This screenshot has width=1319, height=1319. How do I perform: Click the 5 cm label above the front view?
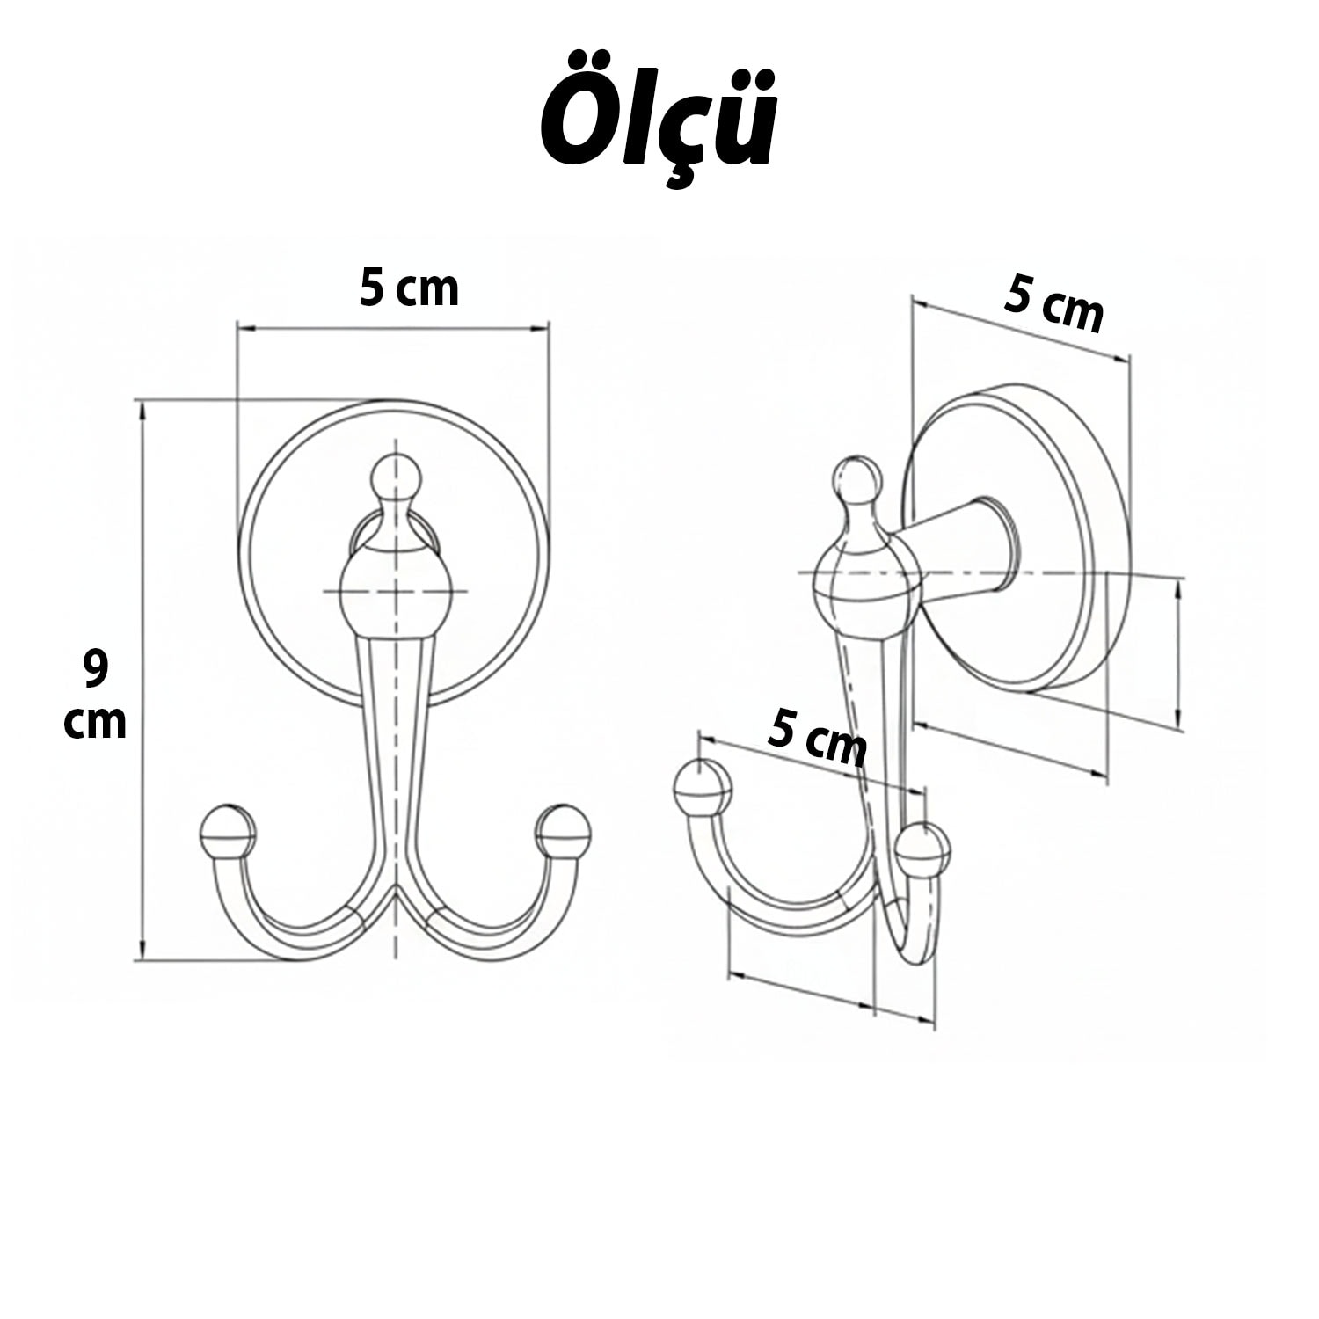coord(409,288)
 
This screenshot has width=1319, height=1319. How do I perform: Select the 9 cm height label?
coord(95,695)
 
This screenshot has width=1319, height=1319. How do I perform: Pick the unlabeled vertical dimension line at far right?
coord(1177,655)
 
